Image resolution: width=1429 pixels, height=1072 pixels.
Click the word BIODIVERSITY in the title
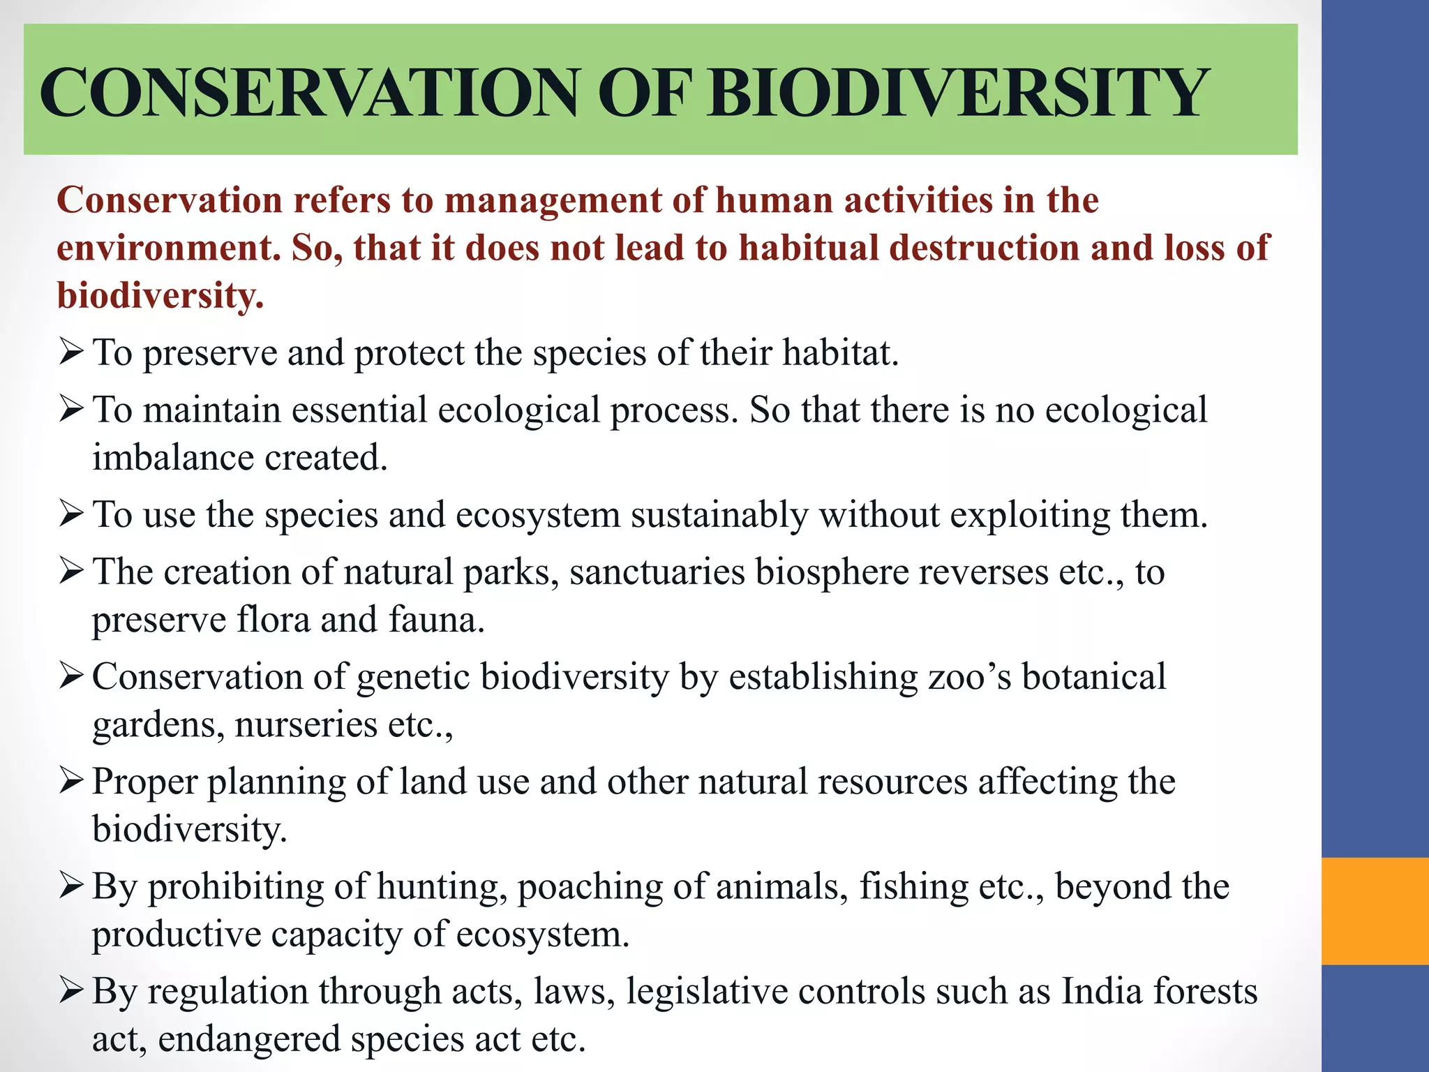coord(957,93)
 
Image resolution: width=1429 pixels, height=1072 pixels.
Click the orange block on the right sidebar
coord(1375,911)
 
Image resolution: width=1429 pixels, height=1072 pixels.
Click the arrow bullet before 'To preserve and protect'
coord(71,351)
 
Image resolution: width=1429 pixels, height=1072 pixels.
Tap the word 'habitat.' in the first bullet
coord(840,352)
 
